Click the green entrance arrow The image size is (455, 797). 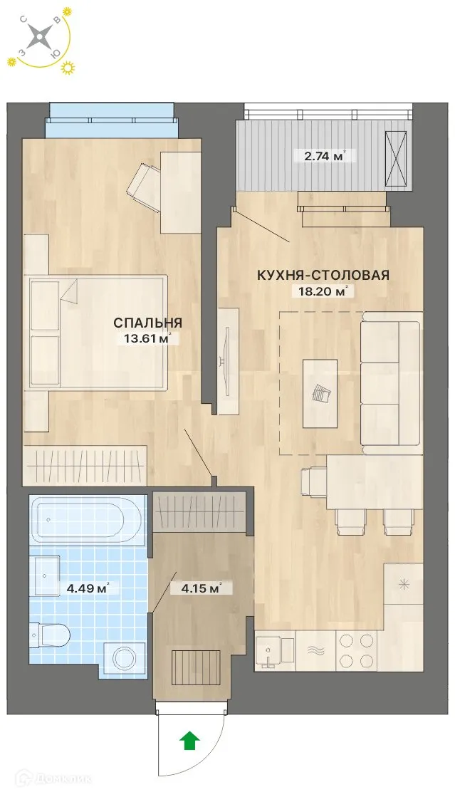189,741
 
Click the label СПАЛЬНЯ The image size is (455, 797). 147,323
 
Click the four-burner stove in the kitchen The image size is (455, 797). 356,650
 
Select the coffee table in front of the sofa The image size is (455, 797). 320,393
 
